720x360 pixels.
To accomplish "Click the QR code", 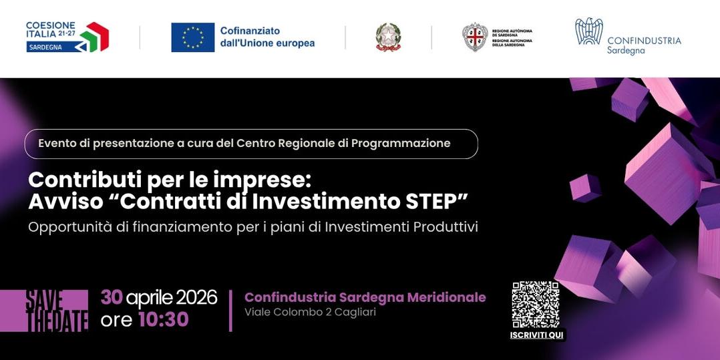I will point(536,305).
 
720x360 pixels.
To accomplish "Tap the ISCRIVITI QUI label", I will point(536,335).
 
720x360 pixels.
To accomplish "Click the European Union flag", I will point(193,37).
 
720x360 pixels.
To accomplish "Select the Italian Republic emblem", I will point(388,37).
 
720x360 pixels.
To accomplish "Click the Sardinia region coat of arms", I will point(475,37).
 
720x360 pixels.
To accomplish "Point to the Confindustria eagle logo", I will point(588,32).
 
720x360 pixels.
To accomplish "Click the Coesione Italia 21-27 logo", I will point(67,37).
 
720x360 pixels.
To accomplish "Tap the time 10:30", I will point(164,320).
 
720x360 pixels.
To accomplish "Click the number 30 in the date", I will point(112,297).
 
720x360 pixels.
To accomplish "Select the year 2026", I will point(196,297).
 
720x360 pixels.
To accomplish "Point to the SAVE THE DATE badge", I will point(57,311).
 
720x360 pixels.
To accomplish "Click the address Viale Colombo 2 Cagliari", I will point(310,313).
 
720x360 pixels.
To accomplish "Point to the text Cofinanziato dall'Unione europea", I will point(267,37).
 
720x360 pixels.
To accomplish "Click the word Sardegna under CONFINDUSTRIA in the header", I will point(626,51).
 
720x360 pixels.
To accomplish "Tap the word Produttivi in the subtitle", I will point(445,227).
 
